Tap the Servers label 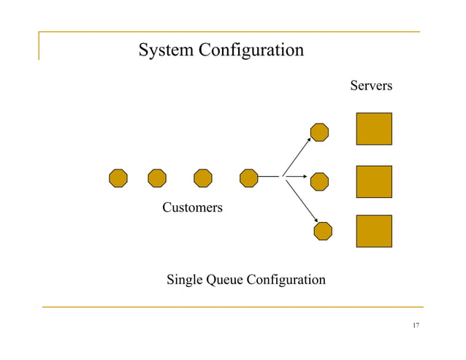coord(371,86)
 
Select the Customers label coord(192,208)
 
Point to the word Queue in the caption coord(225,280)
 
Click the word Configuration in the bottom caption coord(286,280)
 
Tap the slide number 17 coord(416,326)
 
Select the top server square coord(374,129)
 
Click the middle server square coord(374,181)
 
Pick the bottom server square coord(374,231)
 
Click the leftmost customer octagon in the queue coord(118,177)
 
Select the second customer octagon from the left coord(157,177)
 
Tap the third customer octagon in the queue coord(203,177)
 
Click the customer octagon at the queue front coord(249,177)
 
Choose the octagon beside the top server coord(319,131)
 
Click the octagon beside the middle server coord(319,180)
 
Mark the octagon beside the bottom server coord(323,231)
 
